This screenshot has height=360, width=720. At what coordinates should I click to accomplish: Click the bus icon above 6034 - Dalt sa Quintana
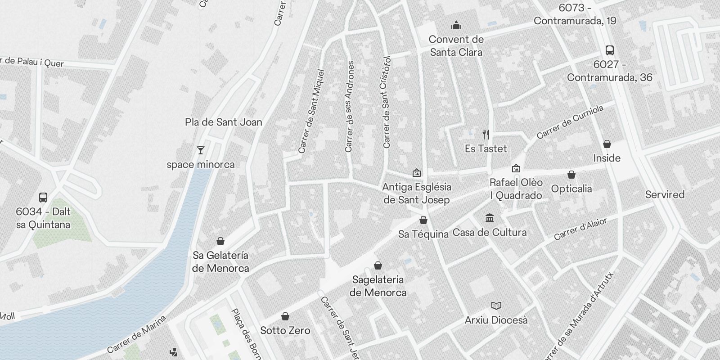point(43,197)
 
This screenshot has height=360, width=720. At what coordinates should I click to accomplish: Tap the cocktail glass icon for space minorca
point(201,150)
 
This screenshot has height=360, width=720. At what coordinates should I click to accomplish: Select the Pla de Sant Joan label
point(223,122)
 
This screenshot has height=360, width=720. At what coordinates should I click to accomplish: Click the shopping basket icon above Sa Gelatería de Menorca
point(220,241)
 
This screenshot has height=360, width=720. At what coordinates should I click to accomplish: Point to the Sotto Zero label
point(285,330)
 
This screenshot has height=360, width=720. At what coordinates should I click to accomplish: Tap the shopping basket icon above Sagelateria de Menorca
point(378,265)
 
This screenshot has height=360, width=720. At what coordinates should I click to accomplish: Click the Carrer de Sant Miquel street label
point(311,111)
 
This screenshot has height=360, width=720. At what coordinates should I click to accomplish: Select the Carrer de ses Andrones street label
point(350,106)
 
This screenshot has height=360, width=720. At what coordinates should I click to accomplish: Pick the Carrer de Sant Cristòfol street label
point(387,102)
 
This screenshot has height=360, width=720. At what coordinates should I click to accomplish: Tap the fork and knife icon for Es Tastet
point(486,134)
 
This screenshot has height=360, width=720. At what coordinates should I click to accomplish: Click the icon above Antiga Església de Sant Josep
point(417,172)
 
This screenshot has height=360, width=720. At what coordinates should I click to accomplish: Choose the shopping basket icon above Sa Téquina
point(423,220)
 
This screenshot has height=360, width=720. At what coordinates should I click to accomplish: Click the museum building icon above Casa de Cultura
point(490,218)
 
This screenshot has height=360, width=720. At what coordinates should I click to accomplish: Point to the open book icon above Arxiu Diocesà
point(496,306)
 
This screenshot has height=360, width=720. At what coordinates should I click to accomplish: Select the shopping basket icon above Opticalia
point(571,174)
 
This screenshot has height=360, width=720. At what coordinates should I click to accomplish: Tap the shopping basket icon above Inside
point(607,144)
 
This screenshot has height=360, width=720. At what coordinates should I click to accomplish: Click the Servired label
point(665,194)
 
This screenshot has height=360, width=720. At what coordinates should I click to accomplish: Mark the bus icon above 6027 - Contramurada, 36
point(610,50)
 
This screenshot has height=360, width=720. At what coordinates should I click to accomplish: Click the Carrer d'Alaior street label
point(580,229)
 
